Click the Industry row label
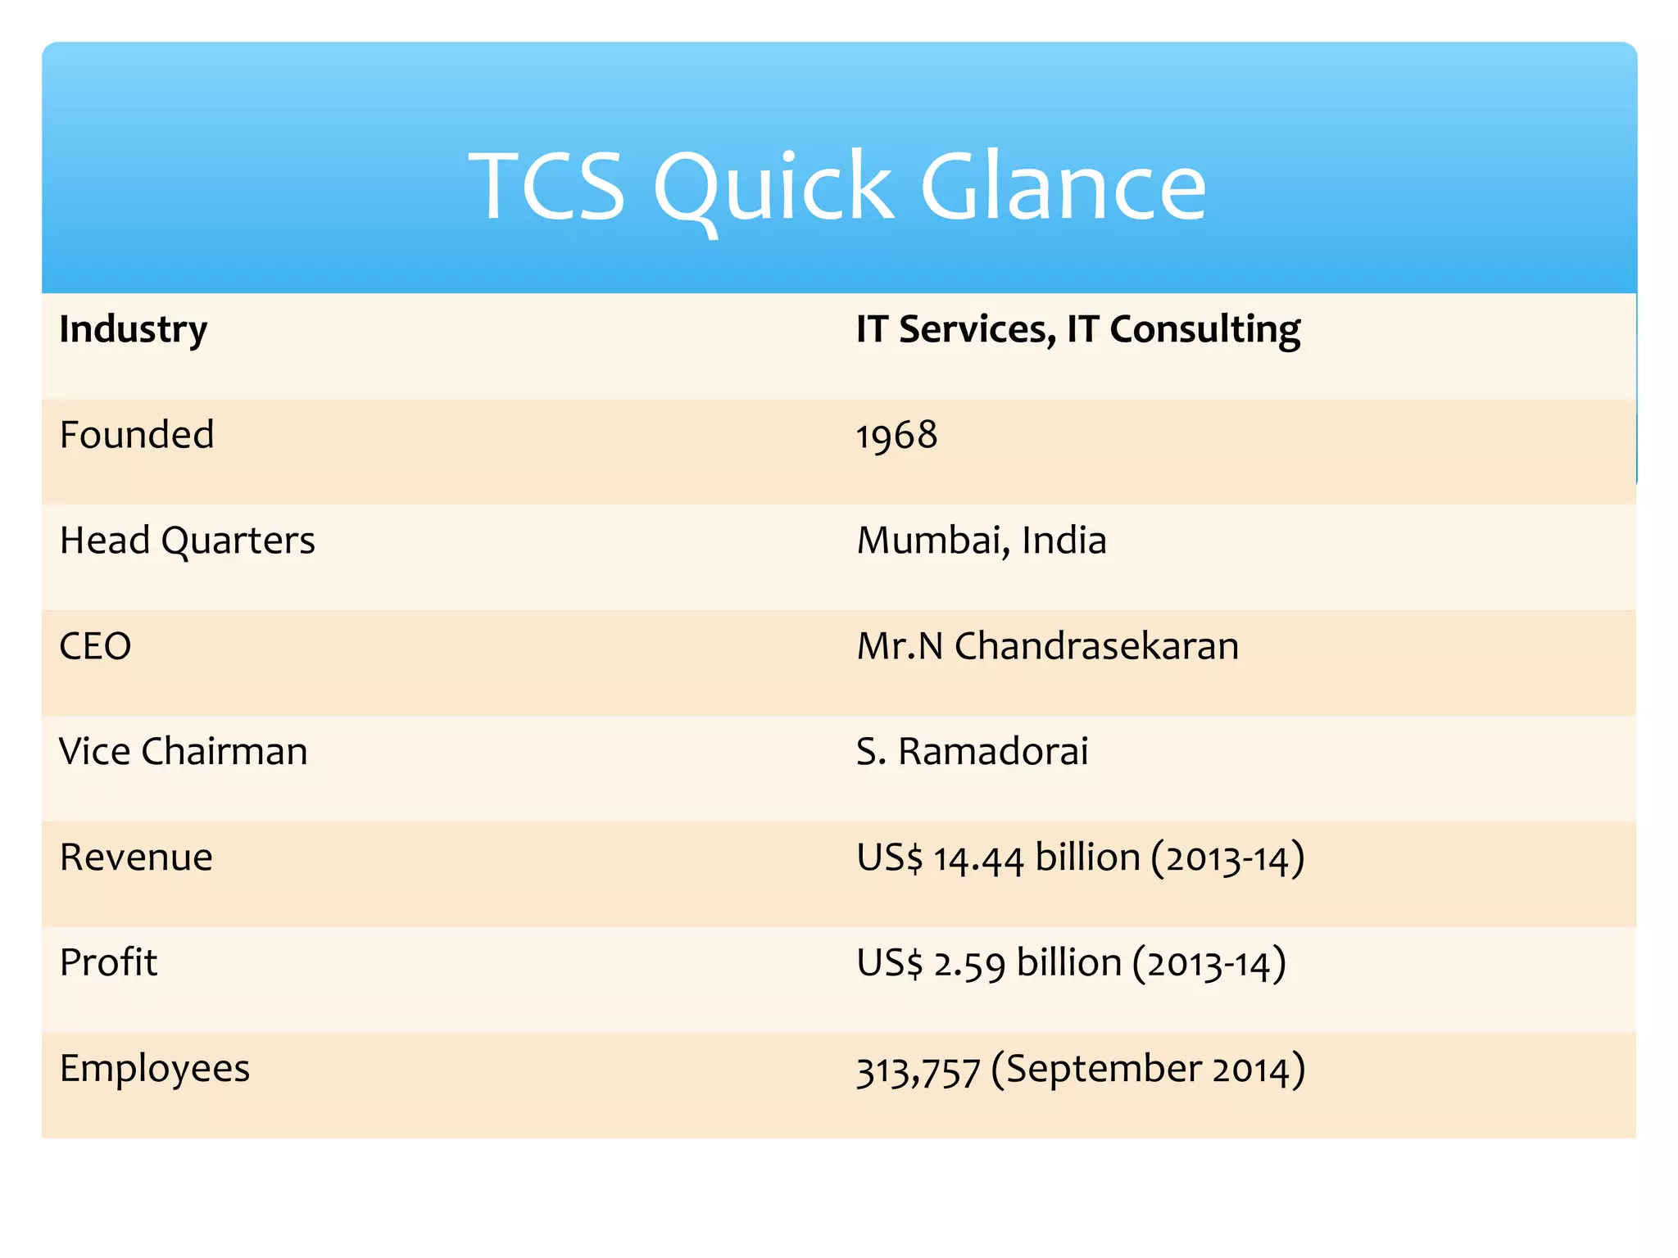pyautogui.click(x=134, y=330)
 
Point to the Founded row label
pyautogui.click(x=137, y=434)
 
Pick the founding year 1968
pyautogui.click(x=896, y=435)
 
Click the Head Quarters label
pyautogui.click(x=187, y=541)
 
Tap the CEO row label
pyautogui.click(x=95, y=646)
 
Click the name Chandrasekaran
pyautogui.click(x=1096, y=646)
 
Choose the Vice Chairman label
pyautogui.click(x=183, y=751)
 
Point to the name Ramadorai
pyautogui.click(x=993, y=751)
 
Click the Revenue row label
pyautogui.click(x=136, y=858)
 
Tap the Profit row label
pyautogui.click(x=108, y=962)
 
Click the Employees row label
pyautogui.click(x=155, y=1069)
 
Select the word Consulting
pyautogui.click(x=1204, y=330)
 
